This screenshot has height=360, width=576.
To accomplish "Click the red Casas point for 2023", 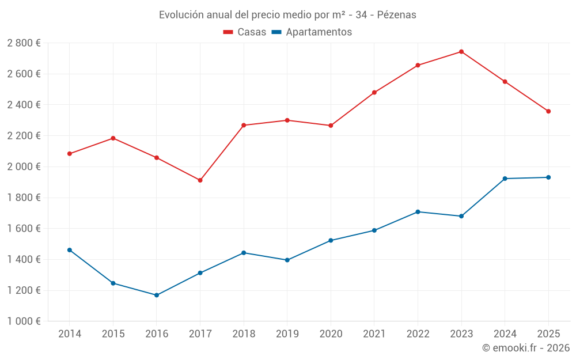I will coord(461,52).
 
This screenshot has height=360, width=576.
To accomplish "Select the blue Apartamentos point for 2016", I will coord(157,295).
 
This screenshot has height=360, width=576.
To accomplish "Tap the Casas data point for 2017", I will coord(200,180).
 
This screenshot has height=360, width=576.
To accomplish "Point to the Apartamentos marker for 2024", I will coord(505,179).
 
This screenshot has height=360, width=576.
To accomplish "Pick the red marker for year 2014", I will coord(70,154).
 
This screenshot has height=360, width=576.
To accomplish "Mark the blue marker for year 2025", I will coord(548,177).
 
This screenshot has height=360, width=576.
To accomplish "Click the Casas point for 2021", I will coord(374,93).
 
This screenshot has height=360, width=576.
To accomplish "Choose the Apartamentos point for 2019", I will coord(287,260).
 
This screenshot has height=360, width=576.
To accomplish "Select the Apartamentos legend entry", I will coord(312,32).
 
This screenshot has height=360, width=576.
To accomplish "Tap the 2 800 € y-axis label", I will coord(24,43).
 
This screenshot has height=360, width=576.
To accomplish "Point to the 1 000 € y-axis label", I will coord(24,321).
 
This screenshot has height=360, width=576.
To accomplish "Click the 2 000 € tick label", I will coord(24,167).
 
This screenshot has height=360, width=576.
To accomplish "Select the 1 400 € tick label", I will coord(24,260).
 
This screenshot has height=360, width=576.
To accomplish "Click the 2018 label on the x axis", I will coord(244,334).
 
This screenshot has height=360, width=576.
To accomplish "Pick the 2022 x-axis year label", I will coord(418,334).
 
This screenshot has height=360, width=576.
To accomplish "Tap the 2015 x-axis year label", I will coord(113,334).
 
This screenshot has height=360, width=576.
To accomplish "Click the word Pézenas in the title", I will coord(396,15).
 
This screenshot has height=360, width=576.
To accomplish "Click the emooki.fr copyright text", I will coord(526,348).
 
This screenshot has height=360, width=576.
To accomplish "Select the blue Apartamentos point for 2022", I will coord(418,212).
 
